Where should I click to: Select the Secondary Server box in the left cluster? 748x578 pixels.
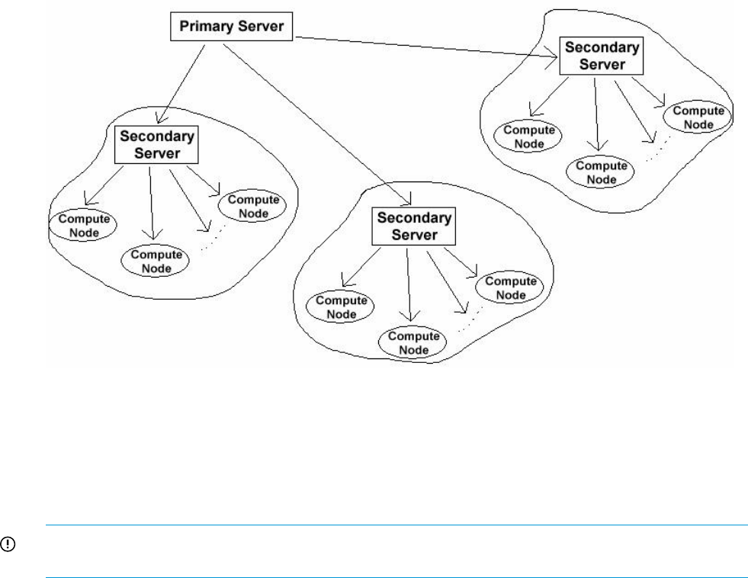(x=156, y=144)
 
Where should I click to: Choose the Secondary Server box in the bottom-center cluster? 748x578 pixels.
(x=413, y=226)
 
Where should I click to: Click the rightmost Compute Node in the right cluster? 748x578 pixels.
(x=698, y=118)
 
